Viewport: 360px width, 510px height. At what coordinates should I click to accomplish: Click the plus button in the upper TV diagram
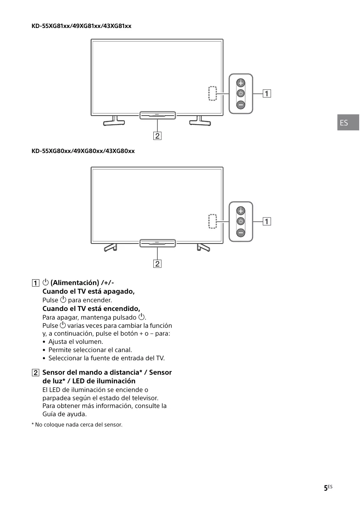[x=241, y=83]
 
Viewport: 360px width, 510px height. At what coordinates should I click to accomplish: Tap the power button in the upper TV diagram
[x=241, y=93]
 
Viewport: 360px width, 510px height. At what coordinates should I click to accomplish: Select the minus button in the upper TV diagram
[x=241, y=104]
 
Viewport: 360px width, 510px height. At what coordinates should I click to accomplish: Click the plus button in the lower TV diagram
[x=241, y=211]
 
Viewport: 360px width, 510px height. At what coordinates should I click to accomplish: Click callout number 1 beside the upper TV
[x=267, y=93]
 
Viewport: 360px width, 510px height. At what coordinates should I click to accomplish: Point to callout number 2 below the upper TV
[x=157, y=135]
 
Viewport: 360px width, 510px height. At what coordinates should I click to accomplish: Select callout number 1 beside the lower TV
[x=267, y=222]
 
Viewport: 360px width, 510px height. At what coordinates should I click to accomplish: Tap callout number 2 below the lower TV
[x=157, y=264]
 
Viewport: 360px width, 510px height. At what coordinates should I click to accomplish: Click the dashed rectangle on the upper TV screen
[x=212, y=93]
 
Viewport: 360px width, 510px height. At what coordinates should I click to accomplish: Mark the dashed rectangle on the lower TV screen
[x=212, y=221]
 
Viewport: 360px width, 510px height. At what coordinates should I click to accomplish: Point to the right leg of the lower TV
[x=203, y=247]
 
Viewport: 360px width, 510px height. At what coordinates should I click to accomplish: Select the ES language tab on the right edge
[x=348, y=123]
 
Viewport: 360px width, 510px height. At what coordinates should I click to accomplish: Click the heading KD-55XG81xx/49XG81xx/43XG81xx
[x=81, y=26]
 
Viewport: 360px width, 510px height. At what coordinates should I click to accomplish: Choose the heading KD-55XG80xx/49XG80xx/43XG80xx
[x=83, y=151]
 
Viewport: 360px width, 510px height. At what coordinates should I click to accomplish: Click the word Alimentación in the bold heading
[x=74, y=283]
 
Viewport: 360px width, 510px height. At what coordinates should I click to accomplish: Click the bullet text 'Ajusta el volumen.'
[x=76, y=341]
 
